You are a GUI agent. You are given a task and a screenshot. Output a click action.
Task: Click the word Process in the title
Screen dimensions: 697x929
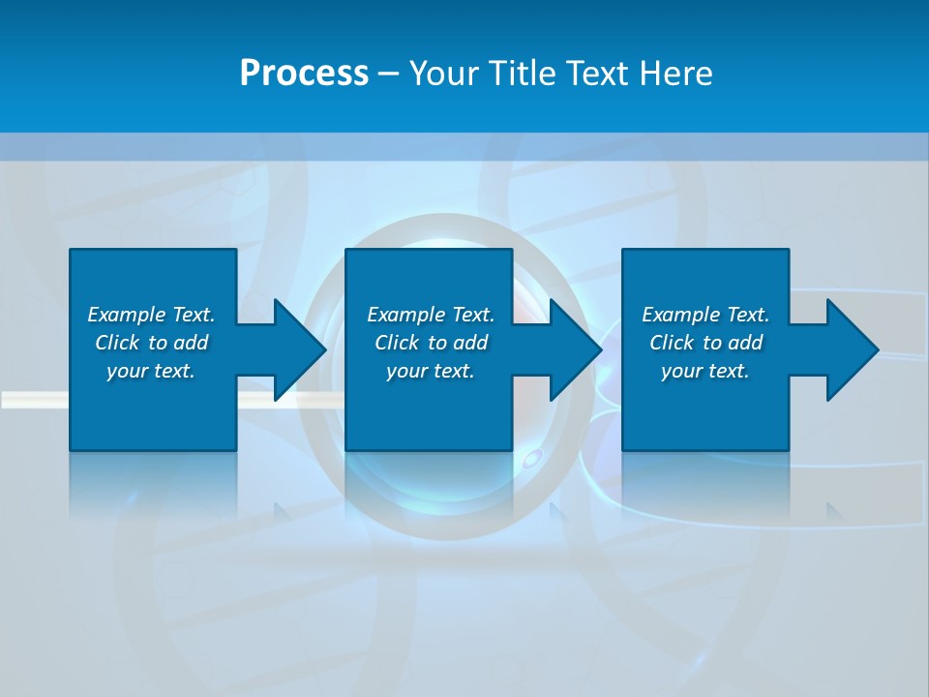[x=304, y=74]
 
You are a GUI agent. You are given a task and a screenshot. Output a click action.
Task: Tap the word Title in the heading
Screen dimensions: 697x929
[x=522, y=74]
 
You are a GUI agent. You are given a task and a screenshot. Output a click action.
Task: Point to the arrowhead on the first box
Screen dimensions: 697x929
[x=299, y=349]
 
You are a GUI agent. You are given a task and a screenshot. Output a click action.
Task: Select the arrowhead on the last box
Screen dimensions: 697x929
[x=852, y=349]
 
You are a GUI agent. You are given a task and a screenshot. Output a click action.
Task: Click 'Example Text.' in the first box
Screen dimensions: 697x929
[x=151, y=315]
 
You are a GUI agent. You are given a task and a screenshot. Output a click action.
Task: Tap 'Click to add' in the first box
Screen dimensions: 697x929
[x=151, y=343]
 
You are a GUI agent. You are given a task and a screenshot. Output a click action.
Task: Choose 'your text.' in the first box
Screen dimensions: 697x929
[x=151, y=371]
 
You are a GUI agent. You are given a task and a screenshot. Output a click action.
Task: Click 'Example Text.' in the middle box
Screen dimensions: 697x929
[x=431, y=315]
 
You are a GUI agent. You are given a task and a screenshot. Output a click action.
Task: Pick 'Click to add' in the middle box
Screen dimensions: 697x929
[x=431, y=343]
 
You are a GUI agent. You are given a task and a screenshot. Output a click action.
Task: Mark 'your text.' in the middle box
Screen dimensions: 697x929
[x=431, y=371]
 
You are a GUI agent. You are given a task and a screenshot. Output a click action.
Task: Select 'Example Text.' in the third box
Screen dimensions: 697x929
[x=705, y=315]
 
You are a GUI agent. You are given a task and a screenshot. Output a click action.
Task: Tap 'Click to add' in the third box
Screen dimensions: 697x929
[x=705, y=343]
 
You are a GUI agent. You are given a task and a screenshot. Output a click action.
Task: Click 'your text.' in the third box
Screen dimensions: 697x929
[x=705, y=371]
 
